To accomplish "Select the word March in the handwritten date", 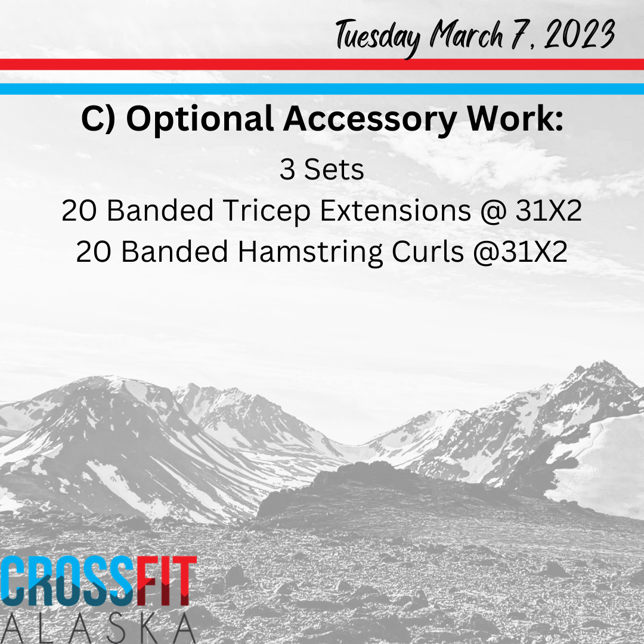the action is pyautogui.click(x=466, y=34).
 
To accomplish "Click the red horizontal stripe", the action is pyautogui.click(x=322, y=64).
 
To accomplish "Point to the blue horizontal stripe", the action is pyautogui.click(x=322, y=89).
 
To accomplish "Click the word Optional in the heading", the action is pyautogui.click(x=200, y=119).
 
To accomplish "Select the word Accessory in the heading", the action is pyautogui.click(x=370, y=119).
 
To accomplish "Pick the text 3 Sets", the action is pyautogui.click(x=322, y=169).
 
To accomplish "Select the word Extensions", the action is pyautogui.click(x=395, y=210).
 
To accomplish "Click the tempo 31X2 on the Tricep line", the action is pyautogui.click(x=549, y=210).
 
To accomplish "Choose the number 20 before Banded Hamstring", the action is pyautogui.click(x=94, y=252).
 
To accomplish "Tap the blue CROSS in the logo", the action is pyautogui.click(x=68, y=581).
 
